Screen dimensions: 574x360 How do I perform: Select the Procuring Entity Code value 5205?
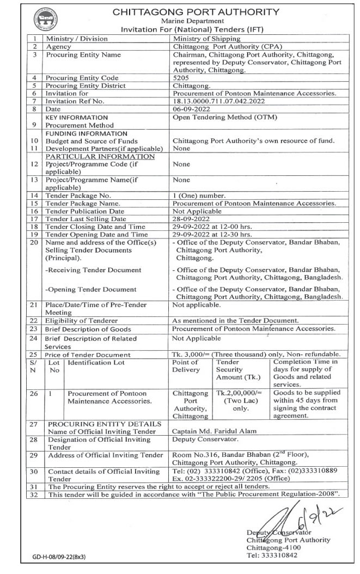181,78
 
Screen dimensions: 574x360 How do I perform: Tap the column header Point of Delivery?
185,366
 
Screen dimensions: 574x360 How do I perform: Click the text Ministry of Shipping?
203,39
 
